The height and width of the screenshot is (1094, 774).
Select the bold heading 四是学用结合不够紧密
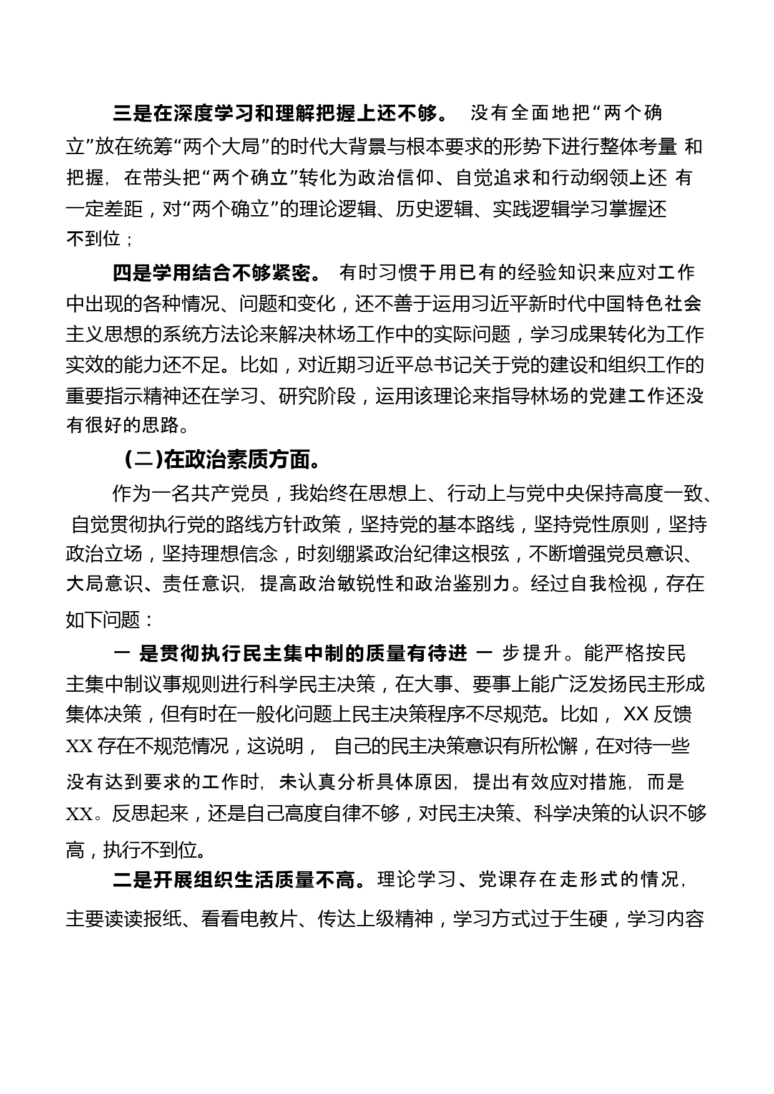point(217,273)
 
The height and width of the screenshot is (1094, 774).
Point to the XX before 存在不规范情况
point(79,746)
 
